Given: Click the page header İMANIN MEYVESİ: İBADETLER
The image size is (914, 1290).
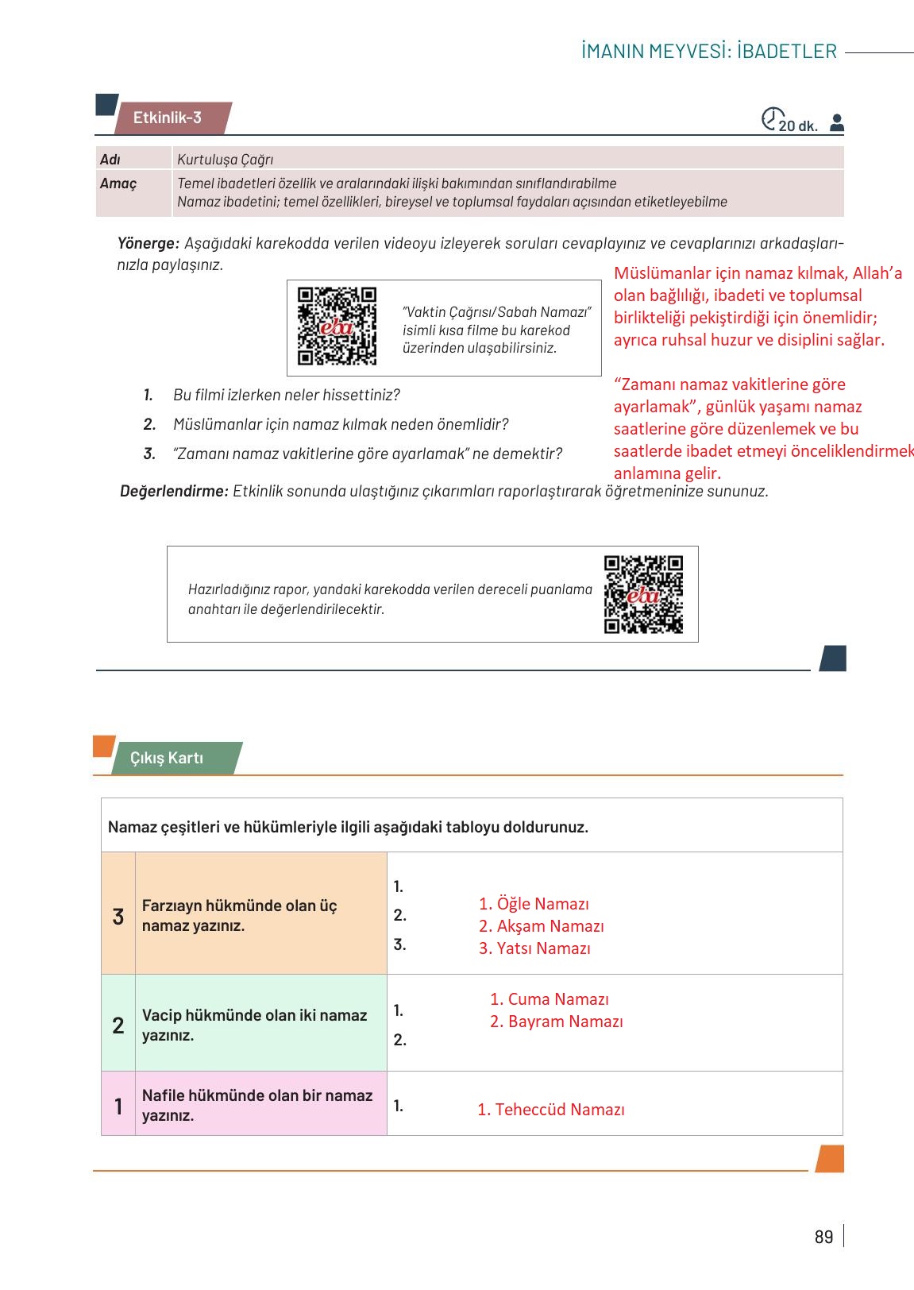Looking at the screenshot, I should (708, 52).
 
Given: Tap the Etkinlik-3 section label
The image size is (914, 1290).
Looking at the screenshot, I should (168, 118).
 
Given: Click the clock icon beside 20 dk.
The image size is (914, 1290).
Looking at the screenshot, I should (770, 119).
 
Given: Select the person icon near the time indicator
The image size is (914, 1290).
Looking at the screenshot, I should (836, 123).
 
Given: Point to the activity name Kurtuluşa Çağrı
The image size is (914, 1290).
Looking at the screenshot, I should (226, 160).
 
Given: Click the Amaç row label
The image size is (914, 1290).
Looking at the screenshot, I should (118, 183).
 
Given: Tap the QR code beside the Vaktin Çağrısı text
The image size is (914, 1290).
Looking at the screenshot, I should (337, 326).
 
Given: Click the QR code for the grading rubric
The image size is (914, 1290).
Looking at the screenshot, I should (643, 594).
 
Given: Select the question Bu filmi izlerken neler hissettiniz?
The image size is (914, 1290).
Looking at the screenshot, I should (286, 395).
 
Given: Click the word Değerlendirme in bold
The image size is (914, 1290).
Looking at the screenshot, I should (174, 491).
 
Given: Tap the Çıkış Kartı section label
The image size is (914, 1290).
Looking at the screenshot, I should (167, 758).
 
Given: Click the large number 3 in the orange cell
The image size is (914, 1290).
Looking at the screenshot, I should (118, 917).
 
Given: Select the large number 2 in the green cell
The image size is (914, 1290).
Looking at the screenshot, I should (118, 1025).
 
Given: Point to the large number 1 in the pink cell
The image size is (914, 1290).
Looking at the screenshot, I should (118, 1106).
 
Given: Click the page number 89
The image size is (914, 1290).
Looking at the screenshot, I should (823, 1237).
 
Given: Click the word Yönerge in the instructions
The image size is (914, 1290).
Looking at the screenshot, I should (148, 243).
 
